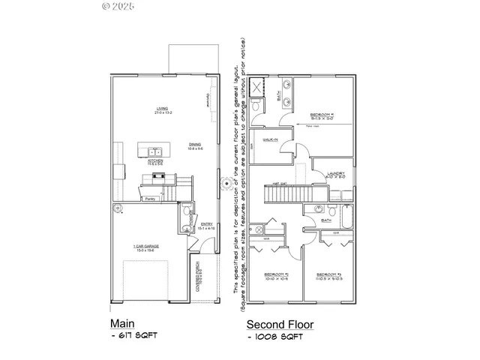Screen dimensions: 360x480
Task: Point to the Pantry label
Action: tap(150, 199)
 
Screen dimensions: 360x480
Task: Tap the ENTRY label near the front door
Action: tap(206, 223)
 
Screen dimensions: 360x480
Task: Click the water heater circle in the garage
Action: tap(118, 208)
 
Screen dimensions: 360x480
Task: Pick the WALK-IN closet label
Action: tap(270, 140)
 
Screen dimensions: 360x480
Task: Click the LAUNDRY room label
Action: tap(335, 174)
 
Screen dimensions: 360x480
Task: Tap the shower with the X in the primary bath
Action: tap(259, 88)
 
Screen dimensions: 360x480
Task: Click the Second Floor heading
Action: tap(281, 325)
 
